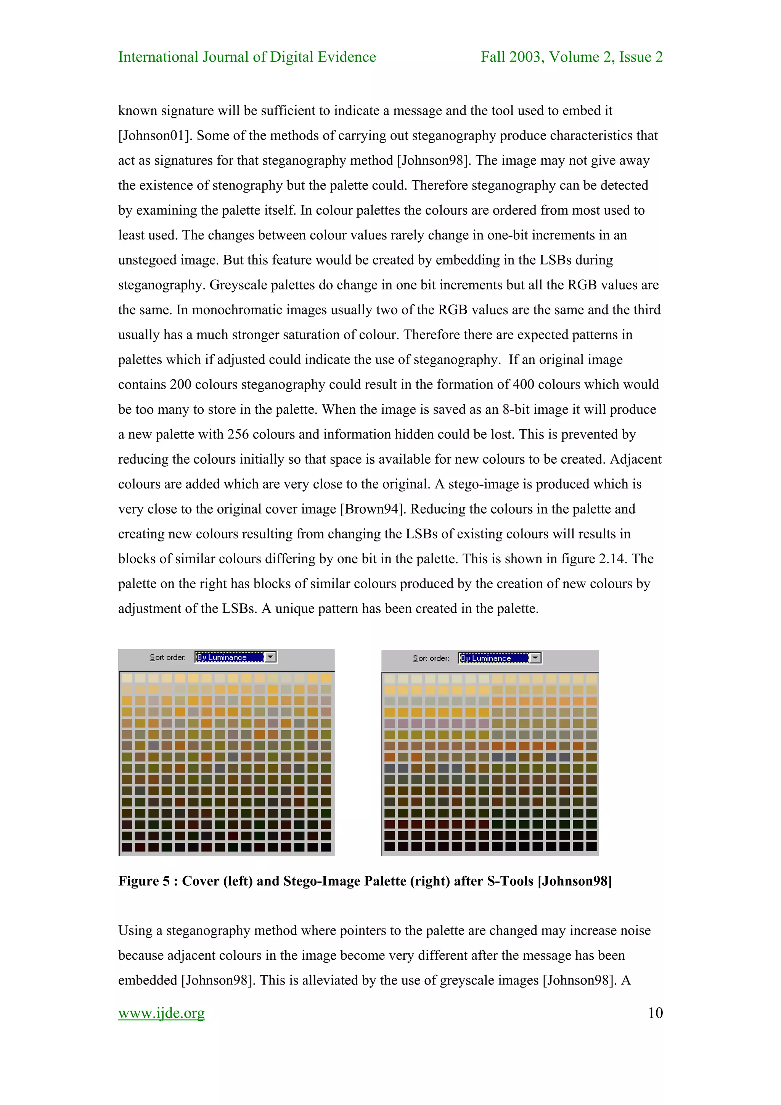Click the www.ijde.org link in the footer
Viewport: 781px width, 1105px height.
pyautogui.click(x=161, y=1013)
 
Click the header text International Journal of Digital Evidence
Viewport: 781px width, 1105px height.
pyautogui.click(x=247, y=57)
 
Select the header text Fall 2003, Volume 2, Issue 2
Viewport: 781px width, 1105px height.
pyautogui.click(x=572, y=57)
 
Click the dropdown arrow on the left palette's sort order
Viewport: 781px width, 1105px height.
pyautogui.click(x=271, y=657)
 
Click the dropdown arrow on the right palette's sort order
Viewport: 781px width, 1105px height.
pyautogui.click(x=535, y=658)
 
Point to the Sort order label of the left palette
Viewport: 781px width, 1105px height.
pyautogui.click(x=167, y=657)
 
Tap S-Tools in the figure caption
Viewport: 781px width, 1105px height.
pyautogui.click(x=510, y=881)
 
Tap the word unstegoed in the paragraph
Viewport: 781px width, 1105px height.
pyautogui.click(x=147, y=260)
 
